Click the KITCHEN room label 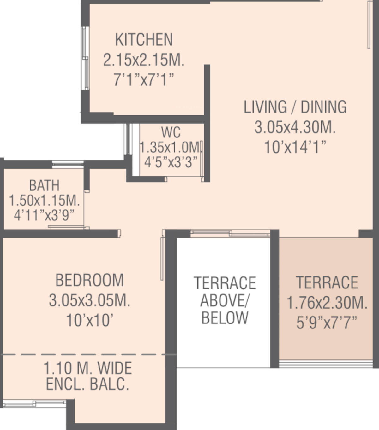(144, 40)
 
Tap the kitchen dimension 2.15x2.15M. (144, 60)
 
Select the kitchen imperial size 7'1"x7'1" (144, 79)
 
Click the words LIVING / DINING (295, 107)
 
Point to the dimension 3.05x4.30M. (295, 127)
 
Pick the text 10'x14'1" (295, 147)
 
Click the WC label (171, 132)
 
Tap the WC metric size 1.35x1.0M (170, 147)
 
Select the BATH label (44, 185)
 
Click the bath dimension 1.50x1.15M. (44, 200)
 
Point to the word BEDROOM (90, 280)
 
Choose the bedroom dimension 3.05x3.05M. (90, 300)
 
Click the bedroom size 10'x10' (90, 320)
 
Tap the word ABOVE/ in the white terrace (225, 300)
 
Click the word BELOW (225, 318)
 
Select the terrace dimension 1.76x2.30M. (327, 303)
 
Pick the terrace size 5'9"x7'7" (327, 322)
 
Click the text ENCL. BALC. (87, 384)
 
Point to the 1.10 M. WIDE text (87, 368)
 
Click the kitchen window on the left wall (85, 58)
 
